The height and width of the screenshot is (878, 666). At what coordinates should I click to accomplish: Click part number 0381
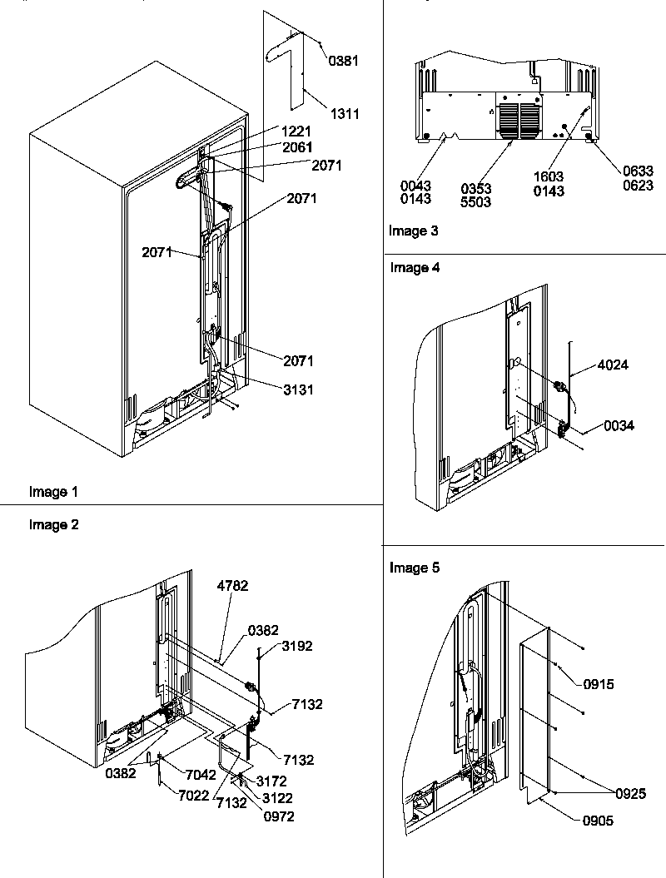click(344, 61)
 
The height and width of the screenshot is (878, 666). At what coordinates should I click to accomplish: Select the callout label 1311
click(344, 114)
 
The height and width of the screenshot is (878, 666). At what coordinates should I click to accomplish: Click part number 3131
click(297, 389)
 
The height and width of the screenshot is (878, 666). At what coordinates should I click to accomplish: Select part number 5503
click(476, 202)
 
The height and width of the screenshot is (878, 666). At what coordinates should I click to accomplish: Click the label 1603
click(549, 177)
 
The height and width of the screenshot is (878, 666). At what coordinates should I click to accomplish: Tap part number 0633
click(638, 171)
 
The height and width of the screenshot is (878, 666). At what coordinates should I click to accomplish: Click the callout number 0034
click(619, 426)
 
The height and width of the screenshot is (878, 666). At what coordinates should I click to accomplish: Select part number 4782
click(233, 586)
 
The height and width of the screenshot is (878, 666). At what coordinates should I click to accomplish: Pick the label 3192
click(297, 646)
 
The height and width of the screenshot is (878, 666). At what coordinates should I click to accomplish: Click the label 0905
click(599, 821)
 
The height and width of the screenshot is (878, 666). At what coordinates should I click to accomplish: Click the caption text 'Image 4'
click(415, 268)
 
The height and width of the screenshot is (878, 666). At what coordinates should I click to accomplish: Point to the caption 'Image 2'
click(53, 524)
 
